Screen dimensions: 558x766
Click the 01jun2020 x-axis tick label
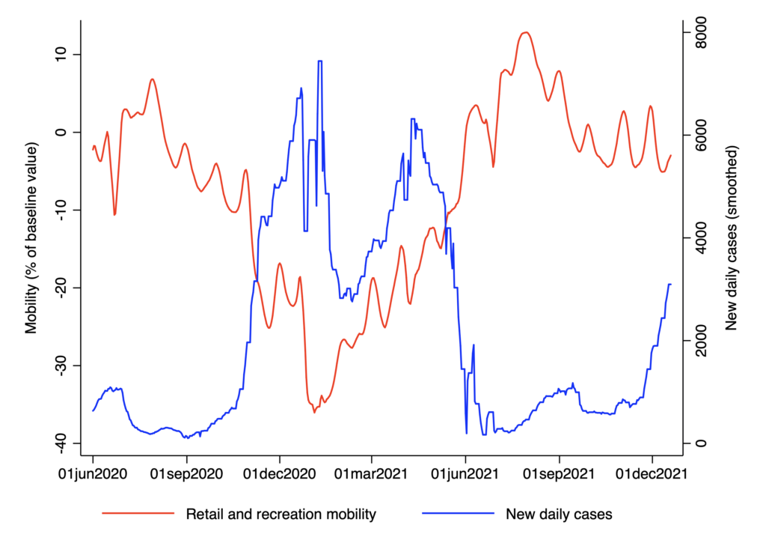pos(93,473)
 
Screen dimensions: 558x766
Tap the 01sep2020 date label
pos(187,473)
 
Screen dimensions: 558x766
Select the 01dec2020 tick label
pos(280,473)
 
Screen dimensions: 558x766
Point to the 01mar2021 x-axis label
pos(372,473)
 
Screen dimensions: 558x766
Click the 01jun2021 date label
pos(465,473)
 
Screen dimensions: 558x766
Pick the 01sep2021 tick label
pos(559,473)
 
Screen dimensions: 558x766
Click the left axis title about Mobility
pos(31,239)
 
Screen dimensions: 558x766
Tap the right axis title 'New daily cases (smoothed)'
pos(732,239)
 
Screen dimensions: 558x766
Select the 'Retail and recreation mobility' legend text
pos(281,515)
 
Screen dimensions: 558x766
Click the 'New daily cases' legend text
pos(559,515)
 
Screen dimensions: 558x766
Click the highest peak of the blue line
pos(319,61)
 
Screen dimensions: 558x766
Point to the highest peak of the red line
pos(526,32)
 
